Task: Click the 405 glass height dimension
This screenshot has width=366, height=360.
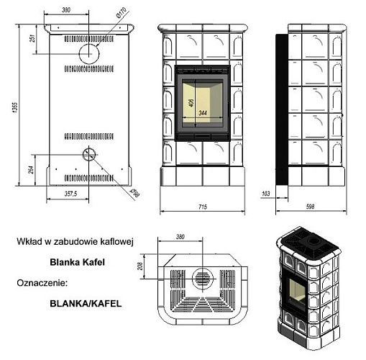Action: coord(191,103)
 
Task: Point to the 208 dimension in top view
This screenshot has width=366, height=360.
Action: coord(150,268)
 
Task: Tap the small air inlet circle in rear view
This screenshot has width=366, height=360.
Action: coord(88,153)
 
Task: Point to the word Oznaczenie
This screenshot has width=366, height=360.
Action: coord(41,284)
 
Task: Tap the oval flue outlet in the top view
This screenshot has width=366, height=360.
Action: coord(204,276)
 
